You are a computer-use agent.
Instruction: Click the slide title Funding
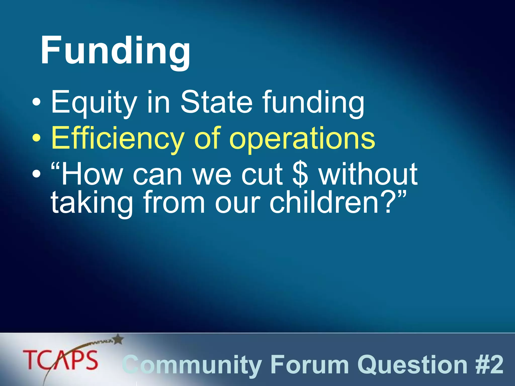tap(115, 52)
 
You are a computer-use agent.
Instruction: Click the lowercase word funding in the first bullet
tap(313, 103)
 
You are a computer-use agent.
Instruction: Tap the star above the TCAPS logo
tap(118, 340)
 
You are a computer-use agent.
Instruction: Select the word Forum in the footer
tap(310, 365)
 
